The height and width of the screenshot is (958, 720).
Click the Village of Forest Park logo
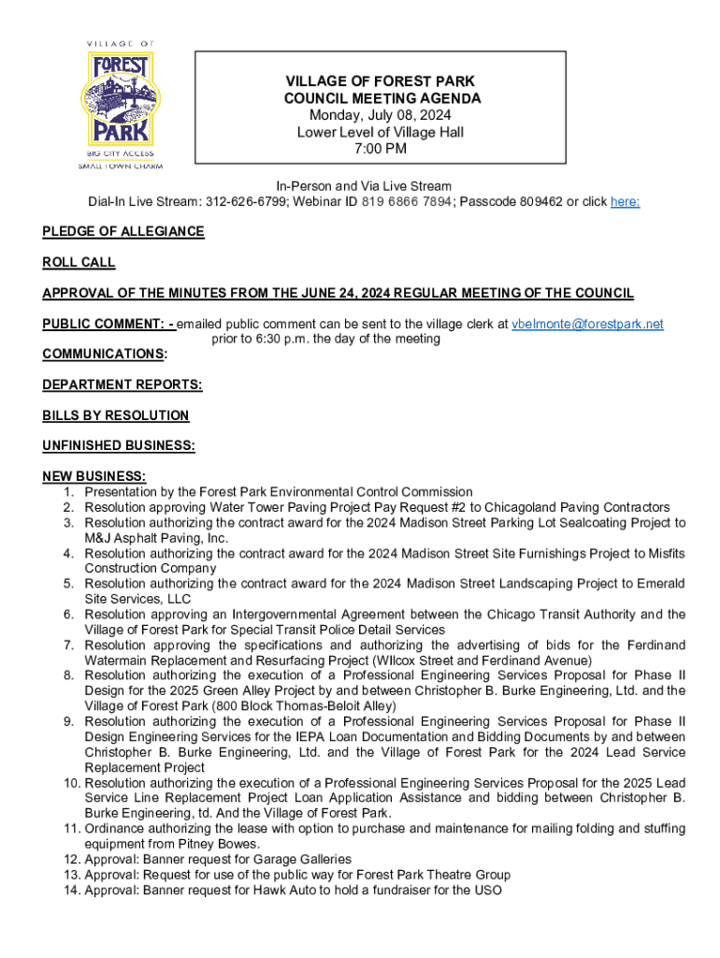click(121, 105)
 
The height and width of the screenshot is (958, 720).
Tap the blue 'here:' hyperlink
click(625, 202)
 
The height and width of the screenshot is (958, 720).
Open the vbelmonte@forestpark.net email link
click(588, 324)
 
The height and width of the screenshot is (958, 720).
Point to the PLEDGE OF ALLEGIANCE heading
click(123, 231)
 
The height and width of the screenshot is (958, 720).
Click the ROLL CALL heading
click(79, 263)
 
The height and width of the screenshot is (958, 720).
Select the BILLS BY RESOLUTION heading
click(116, 415)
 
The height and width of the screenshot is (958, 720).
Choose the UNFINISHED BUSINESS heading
click(119, 446)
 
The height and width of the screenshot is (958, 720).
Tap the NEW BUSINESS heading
click(94, 476)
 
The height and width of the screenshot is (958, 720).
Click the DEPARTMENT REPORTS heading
click(122, 385)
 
